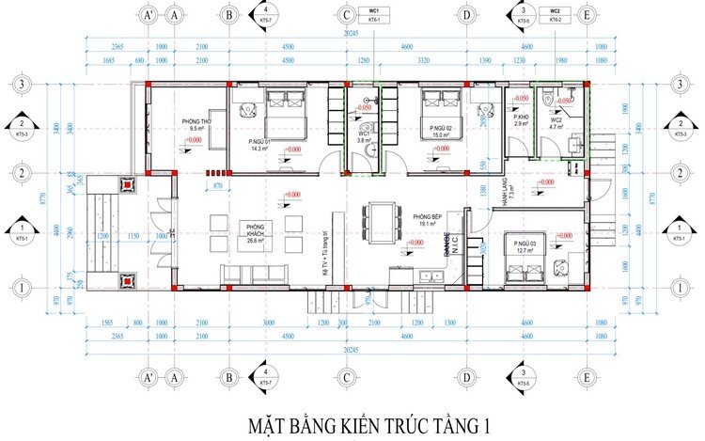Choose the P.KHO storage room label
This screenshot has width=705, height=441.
(522, 118)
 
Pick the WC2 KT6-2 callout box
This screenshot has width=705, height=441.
(555, 14)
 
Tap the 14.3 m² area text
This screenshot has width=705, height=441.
(260, 149)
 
